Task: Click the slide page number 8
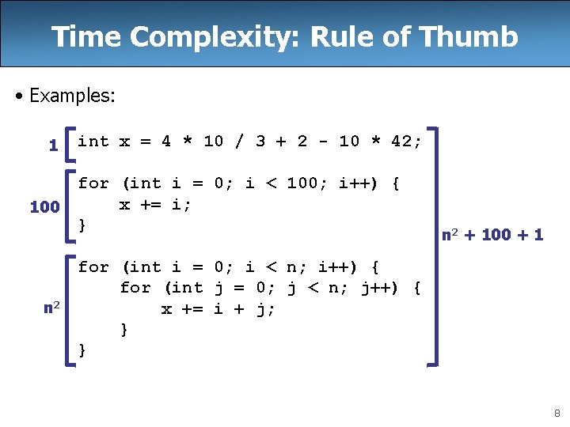557,412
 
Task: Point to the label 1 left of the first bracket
53,145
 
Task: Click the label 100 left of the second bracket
44,207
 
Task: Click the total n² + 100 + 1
492,235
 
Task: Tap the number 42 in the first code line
401,142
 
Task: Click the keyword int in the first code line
93,142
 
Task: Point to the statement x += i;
156,204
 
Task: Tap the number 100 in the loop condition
302,183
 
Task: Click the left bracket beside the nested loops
71,308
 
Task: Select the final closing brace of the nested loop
82,350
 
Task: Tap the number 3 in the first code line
260,142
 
